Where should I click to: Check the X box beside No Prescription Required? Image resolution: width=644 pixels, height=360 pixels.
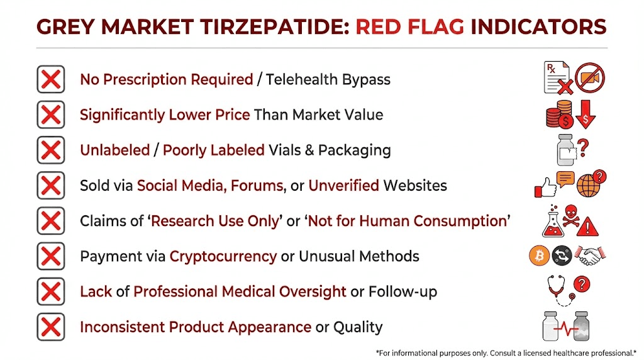click(x=50, y=80)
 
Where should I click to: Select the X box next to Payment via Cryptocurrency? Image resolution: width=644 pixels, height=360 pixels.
click(x=50, y=257)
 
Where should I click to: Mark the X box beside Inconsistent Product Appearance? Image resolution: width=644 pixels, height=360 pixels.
click(x=50, y=327)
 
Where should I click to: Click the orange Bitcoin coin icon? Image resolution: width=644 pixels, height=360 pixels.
click(x=539, y=256)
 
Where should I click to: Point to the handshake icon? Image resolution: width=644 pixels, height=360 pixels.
click(x=591, y=256)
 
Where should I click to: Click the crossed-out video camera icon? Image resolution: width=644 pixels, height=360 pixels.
click(x=590, y=77)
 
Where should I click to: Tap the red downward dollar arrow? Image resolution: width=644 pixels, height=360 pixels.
click(x=586, y=115)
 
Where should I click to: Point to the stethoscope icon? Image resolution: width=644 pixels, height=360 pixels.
click(x=560, y=290)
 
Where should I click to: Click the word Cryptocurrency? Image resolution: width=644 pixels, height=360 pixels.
click(x=223, y=257)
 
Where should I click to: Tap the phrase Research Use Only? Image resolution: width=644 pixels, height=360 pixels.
click(x=216, y=222)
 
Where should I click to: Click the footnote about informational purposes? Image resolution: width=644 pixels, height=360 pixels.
click(x=506, y=351)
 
